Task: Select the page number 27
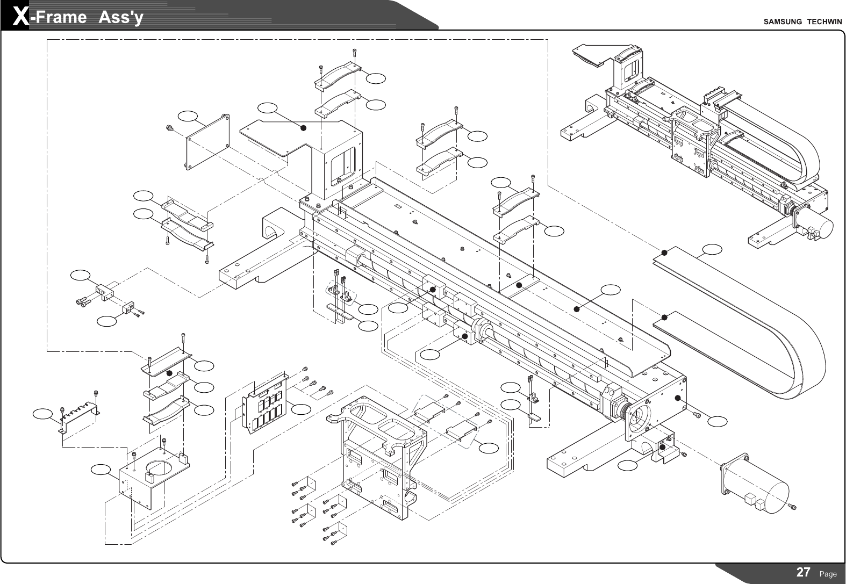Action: coord(803,572)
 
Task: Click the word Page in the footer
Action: coord(828,574)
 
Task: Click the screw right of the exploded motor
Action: coord(793,506)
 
